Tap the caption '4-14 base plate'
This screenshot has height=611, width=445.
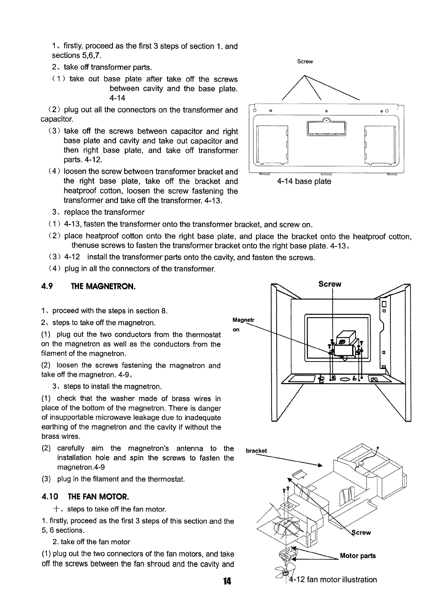point(304,181)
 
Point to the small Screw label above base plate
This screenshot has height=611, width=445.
point(305,62)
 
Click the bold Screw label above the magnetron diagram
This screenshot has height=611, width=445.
point(329,284)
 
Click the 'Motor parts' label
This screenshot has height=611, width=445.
point(358,556)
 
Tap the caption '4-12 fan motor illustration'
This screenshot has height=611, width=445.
point(332,579)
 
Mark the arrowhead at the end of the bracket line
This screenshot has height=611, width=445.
point(320,465)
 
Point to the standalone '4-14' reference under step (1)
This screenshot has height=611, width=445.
point(117,98)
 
